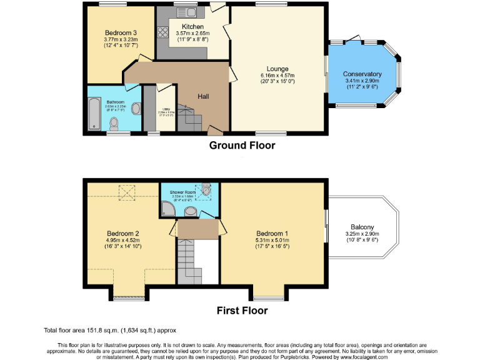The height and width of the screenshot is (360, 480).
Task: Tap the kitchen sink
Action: (188, 12)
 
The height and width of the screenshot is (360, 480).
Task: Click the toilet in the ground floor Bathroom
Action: (136, 108)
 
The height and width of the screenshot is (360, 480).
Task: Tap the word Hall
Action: (204, 96)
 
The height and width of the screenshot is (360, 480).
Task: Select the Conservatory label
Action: (362, 74)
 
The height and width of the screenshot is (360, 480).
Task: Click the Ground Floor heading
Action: (241, 146)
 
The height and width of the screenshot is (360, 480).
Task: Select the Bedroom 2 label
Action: (122, 233)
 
